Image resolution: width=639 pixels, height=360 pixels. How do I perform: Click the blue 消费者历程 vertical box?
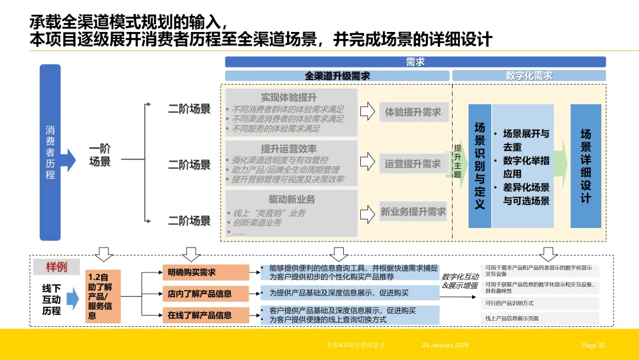[50, 152]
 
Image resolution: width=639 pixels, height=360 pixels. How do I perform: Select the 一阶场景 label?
[99, 155]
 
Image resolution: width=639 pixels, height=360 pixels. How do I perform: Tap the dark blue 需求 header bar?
[415, 62]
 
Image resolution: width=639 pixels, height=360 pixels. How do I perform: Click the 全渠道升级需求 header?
[337, 76]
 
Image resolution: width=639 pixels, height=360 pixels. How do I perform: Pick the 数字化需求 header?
[529, 76]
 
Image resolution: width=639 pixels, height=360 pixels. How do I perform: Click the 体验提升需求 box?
[413, 112]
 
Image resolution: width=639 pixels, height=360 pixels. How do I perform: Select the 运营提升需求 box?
[413, 163]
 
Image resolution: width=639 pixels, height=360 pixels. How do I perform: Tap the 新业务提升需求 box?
[413, 211]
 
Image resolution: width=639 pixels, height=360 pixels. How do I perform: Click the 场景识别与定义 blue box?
[479, 166]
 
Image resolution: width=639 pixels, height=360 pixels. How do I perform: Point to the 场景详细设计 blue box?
[585, 166]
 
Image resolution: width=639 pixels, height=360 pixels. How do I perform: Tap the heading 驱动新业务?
[292, 198]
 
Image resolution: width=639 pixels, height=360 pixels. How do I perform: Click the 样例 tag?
[57, 267]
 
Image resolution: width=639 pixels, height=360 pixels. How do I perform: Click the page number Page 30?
[593, 345]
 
